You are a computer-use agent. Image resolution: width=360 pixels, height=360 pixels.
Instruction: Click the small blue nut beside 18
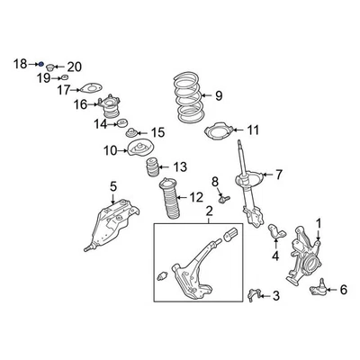coord(40,64)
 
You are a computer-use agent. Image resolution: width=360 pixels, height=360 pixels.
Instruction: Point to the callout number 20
coord(74,66)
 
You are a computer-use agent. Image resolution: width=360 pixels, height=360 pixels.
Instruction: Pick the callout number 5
coord(113,186)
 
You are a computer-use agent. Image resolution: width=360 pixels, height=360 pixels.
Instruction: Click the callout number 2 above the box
coord(209,212)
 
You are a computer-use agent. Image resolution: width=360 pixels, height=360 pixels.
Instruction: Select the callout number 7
coord(279,174)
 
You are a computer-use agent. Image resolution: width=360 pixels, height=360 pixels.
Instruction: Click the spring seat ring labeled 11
coord(218,134)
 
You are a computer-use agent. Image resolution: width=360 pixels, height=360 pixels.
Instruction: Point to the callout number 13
coord(181,166)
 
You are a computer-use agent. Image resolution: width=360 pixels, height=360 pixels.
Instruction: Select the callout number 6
coord(343,289)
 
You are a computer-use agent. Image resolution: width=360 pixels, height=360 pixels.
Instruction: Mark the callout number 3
coord(275,295)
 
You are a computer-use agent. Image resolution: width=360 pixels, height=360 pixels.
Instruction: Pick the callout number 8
coord(215,183)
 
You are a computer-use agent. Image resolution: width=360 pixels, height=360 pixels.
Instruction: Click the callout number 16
coord(80,104)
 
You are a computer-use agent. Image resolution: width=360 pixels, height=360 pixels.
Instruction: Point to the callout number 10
coord(111,150)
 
